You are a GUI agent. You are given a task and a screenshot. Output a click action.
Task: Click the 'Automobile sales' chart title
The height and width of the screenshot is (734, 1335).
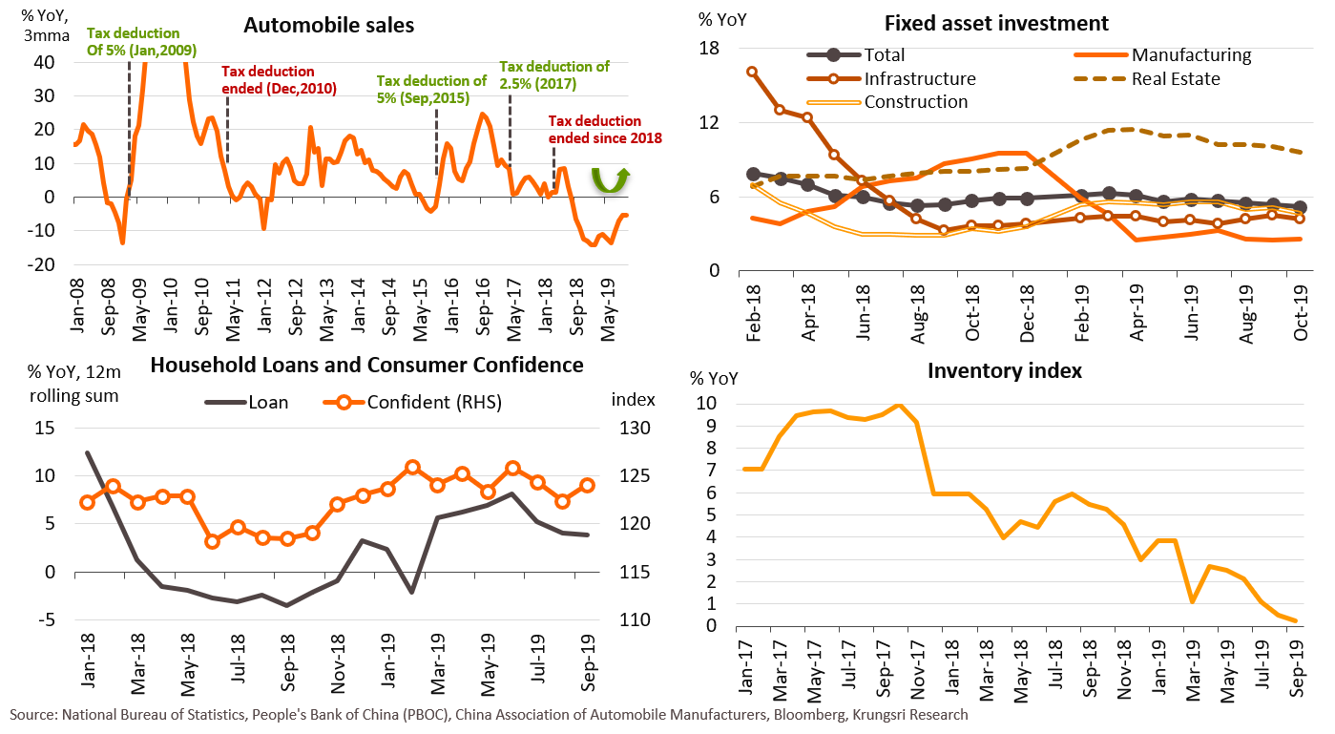[328, 26]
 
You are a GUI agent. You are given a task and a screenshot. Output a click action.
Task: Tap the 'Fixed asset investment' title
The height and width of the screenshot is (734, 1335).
[995, 23]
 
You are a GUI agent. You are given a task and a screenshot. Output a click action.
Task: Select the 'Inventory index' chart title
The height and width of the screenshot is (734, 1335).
[1004, 370]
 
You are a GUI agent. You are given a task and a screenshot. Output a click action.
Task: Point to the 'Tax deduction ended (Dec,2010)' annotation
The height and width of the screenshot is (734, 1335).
[268, 79]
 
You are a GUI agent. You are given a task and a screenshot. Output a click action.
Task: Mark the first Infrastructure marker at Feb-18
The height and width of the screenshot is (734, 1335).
[753, 72]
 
